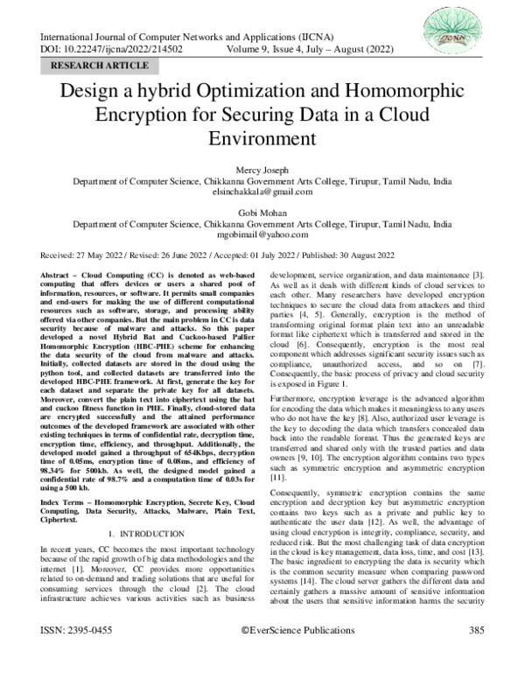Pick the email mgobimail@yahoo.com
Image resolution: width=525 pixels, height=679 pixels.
262,234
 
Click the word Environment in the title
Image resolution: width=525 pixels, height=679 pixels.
262,138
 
